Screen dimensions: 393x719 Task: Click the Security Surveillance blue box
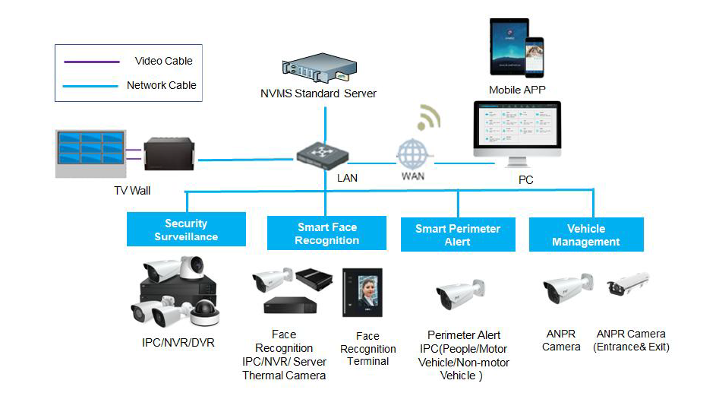click(186, 230)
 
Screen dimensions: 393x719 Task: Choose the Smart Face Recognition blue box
click(327, 233)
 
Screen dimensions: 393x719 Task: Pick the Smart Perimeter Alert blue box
click(458, 235)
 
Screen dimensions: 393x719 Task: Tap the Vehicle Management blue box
click(586, 235)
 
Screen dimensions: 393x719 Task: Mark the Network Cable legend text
click(161, 85)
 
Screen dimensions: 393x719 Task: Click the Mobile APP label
click(517, 90)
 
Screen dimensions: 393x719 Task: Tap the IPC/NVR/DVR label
click(178, 343)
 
